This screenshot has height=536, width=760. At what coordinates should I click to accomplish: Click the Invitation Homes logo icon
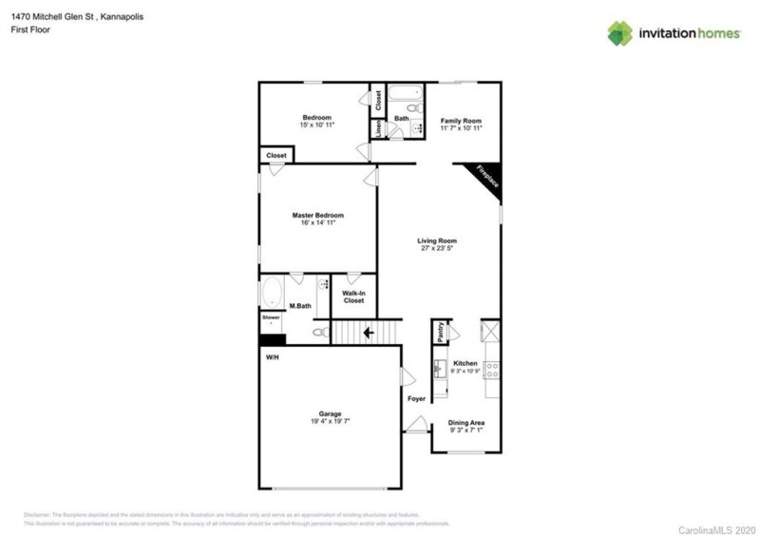click(620, 33)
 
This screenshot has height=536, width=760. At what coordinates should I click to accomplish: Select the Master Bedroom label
click(317, 216)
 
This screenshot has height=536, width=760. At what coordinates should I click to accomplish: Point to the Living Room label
click(437, 241)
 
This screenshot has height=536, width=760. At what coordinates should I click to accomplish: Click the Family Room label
click(461, 121)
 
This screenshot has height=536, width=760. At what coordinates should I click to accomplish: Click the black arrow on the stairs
click(388, 333)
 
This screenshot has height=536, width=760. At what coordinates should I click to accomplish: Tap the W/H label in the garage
click(272, 358)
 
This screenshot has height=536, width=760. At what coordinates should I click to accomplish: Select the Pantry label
click(441, 332)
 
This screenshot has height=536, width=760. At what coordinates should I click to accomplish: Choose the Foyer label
click(416, 399)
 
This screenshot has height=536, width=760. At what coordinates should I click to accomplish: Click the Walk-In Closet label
click(353, 297)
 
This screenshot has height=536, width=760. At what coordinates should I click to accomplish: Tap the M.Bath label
click(300, 305)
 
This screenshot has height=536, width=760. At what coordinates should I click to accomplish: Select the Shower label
click(271, 316)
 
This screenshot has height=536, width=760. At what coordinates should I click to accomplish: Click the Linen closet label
click(377, 128)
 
